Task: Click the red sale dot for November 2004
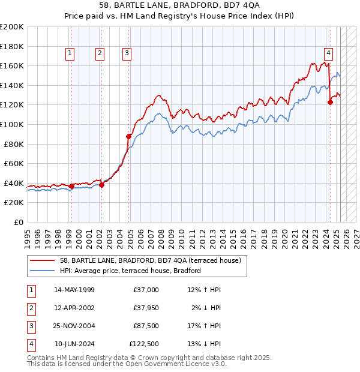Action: coord(128,136)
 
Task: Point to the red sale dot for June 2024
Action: coord(330,102)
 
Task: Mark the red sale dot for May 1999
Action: coord(71,186)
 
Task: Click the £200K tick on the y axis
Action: coord(12,27)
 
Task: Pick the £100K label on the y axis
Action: coord(12,124)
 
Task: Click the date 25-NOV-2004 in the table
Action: coord(74,326)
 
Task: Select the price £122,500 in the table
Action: coord(143,344)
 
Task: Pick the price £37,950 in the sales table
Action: coord(145,308)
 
